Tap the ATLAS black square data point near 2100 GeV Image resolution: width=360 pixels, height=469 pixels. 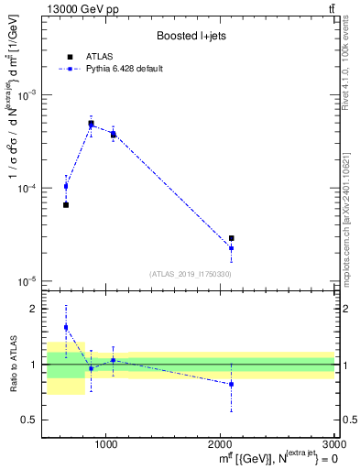click(x=232, y=238)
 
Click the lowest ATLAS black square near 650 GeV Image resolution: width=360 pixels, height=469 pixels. click(x=66, y=204)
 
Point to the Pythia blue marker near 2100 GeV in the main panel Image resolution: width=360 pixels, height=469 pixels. click(x=232, y=248)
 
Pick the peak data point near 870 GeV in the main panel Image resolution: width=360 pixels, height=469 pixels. click(x=91, y=124)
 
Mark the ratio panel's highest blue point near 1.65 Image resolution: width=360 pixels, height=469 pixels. click(x=66, y=327)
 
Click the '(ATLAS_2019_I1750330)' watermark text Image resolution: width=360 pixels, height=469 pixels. click(x=191, y=274)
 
